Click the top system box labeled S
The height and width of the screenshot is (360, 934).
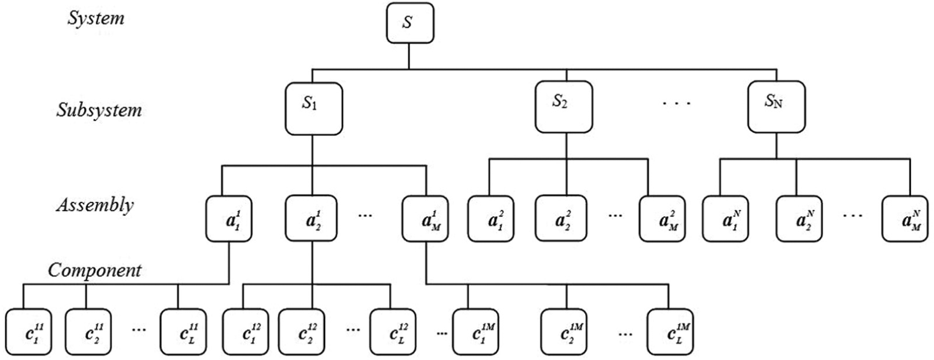(410, 23)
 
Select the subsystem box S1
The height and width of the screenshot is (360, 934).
(313, 108)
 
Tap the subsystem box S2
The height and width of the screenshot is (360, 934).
(564, 107)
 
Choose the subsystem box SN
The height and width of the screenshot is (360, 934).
(776, 107)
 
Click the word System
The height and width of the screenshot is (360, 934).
(96, 19)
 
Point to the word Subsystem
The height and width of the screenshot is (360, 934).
(99, 111)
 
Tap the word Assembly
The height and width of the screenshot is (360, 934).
(95, 205)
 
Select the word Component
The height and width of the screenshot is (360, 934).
(94, 270)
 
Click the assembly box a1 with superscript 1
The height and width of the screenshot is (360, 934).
(229, 219)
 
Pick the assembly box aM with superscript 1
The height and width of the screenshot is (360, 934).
(425, 219)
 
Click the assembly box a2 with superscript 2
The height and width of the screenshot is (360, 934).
(561, 218)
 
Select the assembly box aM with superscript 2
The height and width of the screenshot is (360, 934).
(662, 219)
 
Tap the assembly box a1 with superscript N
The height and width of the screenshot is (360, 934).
(725, 219)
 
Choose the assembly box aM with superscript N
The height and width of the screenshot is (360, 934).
(905, 219)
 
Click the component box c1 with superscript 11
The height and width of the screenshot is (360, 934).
(29, 332)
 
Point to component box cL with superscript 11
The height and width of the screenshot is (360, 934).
(183, 332)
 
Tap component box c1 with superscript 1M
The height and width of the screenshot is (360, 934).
(476, 332)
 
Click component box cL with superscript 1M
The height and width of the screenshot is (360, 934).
(670, 332)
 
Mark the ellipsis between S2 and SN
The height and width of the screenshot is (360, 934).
(677, 103)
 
